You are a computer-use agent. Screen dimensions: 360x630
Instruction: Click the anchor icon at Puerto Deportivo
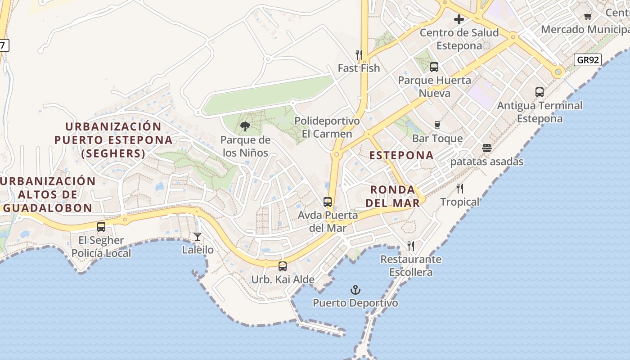tap(356, 289)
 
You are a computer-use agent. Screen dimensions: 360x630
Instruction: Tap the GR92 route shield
tap(588, 60)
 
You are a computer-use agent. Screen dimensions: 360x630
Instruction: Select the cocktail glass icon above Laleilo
tap(197, 236)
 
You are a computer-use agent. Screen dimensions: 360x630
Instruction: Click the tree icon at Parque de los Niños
tap(245, 126)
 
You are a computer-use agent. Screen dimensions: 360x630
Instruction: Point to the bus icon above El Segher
tap(101, 227)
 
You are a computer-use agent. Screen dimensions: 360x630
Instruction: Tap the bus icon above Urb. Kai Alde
tap(283, 266)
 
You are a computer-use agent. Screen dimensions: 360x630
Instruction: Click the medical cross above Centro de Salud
tap(459, 19)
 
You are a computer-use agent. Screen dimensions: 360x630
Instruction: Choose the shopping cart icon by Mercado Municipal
tap(588, 17)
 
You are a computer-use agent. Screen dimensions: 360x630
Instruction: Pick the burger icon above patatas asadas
tap(486, 148)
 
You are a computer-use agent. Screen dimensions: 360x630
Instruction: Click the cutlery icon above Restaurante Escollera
tap(410, 246)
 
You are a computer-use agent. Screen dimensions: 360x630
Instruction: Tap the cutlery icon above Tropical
tap(459, 188)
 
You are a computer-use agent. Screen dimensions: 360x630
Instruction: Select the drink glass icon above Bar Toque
tap(437, 125)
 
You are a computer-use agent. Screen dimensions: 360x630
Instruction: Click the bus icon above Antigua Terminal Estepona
tap(540, 92)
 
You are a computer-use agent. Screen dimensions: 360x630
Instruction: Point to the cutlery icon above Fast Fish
tap(359, 54)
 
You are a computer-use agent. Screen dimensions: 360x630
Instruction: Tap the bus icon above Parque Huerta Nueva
tap(434, 67)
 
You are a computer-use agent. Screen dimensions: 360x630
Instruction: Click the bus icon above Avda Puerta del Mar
tap(328, 202)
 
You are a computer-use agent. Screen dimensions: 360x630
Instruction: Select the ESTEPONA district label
tap(401, 155)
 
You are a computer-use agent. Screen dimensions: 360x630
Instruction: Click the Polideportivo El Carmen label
tap(327, 127)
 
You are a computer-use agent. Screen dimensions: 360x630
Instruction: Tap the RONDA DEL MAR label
tap(392, 196)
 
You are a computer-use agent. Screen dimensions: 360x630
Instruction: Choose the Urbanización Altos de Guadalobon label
tap(48, 194)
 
